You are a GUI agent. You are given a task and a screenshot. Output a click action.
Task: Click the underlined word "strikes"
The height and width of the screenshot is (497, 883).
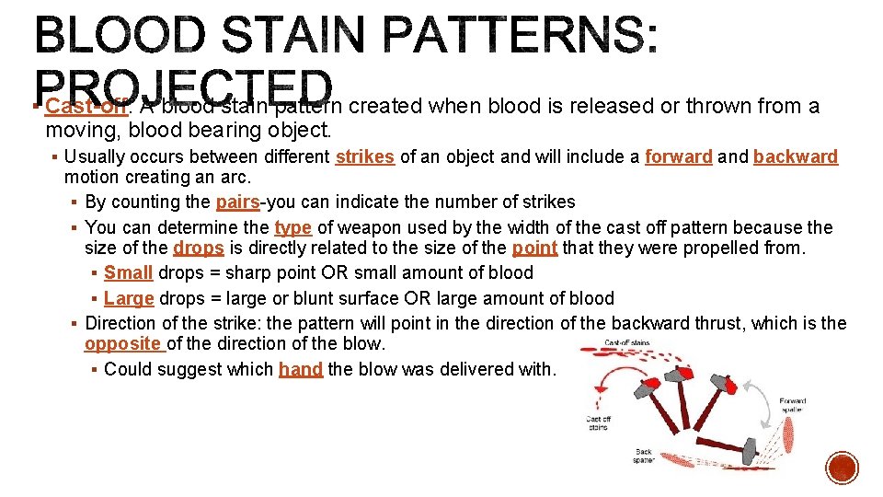[364, 156]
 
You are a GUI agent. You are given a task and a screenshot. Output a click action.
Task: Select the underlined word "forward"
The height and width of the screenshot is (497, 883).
[678, 156]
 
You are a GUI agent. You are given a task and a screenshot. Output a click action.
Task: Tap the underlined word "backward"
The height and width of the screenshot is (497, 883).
[796, 156]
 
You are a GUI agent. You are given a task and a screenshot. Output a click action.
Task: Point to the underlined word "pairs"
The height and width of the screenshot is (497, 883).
[238, 202]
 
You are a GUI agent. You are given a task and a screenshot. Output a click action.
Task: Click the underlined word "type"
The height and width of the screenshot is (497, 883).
[292, 227]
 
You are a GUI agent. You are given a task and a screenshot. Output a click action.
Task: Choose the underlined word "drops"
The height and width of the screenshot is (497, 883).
[198, 248]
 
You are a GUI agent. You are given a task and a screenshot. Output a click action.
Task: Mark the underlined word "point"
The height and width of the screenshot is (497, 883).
[534, 248]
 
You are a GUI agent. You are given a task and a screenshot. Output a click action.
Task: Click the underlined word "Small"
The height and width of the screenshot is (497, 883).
[129, 272]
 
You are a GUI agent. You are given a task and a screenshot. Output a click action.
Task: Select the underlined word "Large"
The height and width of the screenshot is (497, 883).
[130, 298]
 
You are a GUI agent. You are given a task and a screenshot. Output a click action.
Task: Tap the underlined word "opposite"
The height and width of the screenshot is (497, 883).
[122, 343]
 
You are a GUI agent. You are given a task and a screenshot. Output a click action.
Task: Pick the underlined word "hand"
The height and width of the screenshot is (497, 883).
[301, 369]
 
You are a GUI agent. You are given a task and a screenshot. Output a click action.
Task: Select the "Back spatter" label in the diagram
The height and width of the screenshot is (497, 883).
[643, 455]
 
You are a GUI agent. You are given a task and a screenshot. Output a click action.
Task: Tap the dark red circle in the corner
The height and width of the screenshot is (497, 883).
[841, 467]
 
